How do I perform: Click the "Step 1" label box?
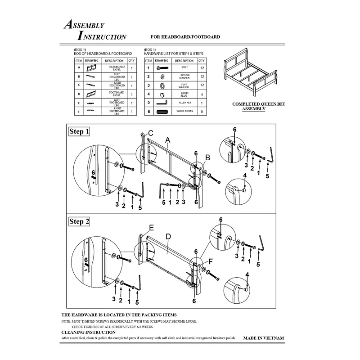click(79, 132)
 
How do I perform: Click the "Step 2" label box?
click(79, 221)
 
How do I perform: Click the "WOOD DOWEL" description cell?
click(184, 111)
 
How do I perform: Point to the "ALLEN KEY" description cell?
click(184, 102)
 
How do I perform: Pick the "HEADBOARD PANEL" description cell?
click(117, 68)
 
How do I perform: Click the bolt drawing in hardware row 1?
click(162, 68)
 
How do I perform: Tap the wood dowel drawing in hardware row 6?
click(162, 111)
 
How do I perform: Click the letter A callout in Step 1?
click(167, 140)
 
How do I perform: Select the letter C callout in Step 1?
click(151, 133)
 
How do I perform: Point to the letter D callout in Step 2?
click(168, 236)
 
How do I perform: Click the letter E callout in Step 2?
click(152, 227)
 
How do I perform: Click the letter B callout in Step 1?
click(207, 157)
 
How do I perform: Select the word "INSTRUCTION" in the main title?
click(102, 36)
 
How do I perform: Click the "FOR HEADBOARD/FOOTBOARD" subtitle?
click(185, 37)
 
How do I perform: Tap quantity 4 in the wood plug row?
click(202, 94)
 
